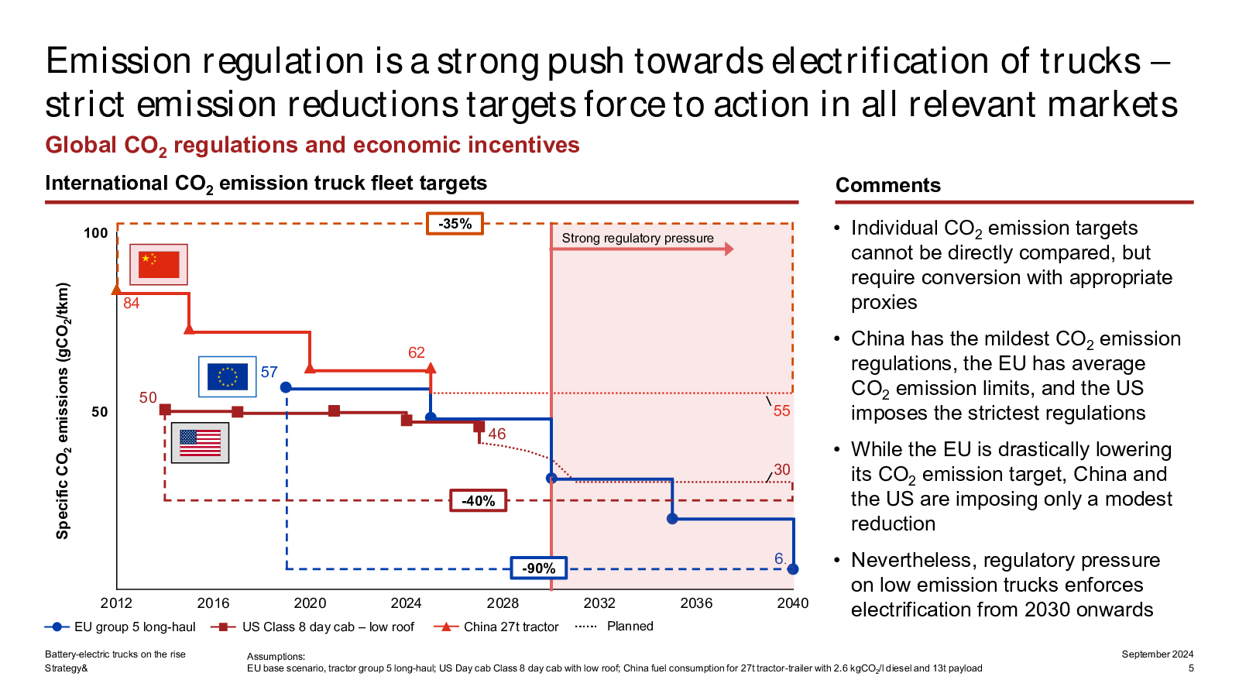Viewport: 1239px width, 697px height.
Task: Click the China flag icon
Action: point(158,264)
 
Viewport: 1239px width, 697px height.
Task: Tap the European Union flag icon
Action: point(227,376)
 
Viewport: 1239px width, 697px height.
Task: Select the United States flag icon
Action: point(200,443)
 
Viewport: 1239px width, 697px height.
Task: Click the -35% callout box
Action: point(455,224)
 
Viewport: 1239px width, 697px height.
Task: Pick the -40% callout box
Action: point(478,501)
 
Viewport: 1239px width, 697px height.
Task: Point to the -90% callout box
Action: point(538,568)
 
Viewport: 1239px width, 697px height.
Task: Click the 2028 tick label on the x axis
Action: point(503,603)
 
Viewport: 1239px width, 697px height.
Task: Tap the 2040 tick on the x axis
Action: point(792,603)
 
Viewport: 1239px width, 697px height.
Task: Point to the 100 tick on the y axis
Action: point(96,233)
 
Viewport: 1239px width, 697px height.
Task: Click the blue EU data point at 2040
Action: point(792,569)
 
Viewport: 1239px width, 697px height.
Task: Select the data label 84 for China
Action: point(132,304)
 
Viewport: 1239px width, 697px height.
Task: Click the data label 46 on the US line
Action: point(497,434)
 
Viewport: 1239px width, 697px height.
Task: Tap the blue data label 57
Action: point(269,373)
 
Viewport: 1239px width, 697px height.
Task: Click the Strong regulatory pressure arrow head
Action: point(729,249)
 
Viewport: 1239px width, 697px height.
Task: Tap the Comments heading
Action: point(887,185)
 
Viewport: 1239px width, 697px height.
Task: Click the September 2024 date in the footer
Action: point(1157,654)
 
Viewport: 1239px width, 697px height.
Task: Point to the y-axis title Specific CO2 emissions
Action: point(63,410)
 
